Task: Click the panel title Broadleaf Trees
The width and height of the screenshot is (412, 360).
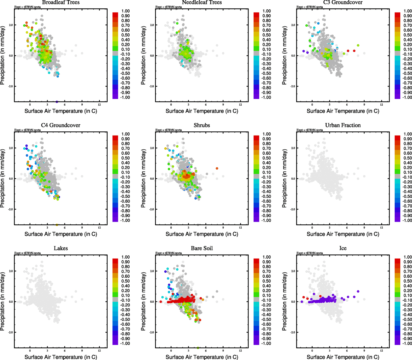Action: coord(61,2)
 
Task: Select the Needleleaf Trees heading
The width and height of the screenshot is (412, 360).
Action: coord(202,2)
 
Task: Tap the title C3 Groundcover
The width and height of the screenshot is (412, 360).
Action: coord(343,2)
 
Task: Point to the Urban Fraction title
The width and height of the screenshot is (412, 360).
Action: coord(343,125)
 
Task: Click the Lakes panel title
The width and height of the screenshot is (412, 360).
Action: coord(61,248)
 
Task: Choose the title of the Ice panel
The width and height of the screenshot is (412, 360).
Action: coord(343,248)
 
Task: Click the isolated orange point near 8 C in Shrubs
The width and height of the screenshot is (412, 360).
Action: coord(217,169)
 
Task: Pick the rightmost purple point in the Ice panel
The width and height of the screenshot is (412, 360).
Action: coord(358,291)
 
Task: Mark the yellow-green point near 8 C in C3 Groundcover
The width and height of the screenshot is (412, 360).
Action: coord(358,46)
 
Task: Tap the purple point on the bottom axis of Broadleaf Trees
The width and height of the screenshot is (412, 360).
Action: coord(57,102)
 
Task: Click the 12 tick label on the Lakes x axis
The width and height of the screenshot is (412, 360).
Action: coord(99,350)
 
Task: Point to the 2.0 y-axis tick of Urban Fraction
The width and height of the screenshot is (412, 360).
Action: coord(293,148)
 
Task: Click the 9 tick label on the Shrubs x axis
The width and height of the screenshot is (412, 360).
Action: coord(223,227)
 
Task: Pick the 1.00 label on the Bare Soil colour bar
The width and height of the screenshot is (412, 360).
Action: coord(267,257)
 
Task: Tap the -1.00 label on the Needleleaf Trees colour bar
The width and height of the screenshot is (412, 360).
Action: coord(267,97)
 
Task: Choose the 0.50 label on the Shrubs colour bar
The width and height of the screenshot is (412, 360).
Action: coord(267,158)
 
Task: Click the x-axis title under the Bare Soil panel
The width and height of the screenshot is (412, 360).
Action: coord(202,357)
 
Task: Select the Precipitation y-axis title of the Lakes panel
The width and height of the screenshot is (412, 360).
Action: coord(3,301)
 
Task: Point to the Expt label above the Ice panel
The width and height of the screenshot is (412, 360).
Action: coord(310,253)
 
